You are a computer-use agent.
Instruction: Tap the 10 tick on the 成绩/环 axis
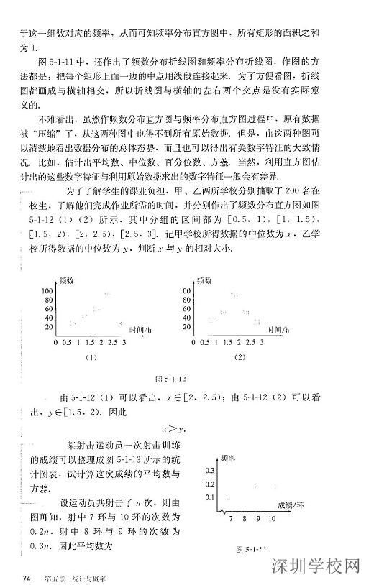pos(273,517)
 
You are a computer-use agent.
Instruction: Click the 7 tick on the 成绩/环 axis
pos(230,517)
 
